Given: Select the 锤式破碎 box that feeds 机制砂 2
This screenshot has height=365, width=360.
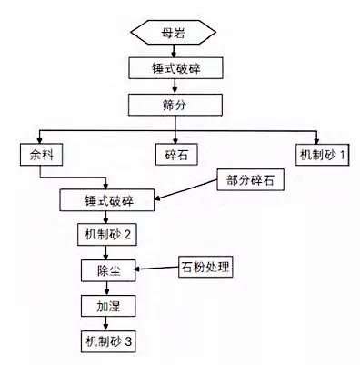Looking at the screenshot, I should (108, 198).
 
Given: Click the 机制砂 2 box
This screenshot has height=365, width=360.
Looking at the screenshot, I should (108, 235).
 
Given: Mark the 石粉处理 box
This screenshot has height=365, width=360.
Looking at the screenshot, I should (206, 269).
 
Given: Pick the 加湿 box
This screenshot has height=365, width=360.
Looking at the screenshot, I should (108, 306).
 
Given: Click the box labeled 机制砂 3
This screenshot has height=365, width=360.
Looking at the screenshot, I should (108, 341).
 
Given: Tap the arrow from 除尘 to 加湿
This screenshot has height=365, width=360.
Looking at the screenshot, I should (108, 288).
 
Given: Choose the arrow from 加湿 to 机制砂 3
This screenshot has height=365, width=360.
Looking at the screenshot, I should (108, 323).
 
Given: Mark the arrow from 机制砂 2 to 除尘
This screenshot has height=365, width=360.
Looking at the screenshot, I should (108, 252).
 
